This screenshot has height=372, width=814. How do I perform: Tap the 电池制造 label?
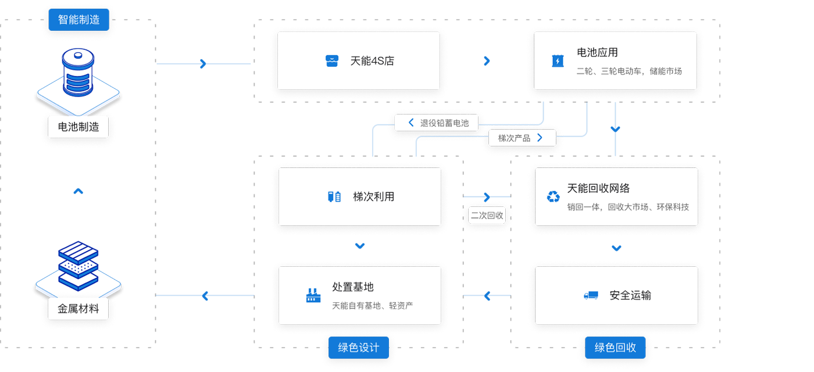(x=78, y=127)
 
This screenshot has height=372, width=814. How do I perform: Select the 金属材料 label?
(x=78, y=309)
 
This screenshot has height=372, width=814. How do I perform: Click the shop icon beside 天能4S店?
(x=331, y=61)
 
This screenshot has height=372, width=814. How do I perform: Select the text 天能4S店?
(x=372, y=61)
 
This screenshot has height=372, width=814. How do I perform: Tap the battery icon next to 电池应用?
(x=557, y=61)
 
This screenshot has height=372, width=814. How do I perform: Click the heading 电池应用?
(x=597, y=53)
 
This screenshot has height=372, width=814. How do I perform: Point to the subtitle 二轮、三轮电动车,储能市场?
(x=629, y=71)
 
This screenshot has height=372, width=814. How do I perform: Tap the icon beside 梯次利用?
(x=334, y=196)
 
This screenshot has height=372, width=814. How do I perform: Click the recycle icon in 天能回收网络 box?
(x=553, y=197)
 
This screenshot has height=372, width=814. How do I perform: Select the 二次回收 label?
(x=487, y=215)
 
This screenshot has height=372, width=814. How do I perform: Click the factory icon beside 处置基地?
(x=313, y=295)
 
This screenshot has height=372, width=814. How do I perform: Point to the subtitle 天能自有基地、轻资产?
(x=372, y=306)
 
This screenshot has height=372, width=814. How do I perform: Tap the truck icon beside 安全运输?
(x=591, y=295)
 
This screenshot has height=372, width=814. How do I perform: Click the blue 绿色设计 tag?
(x=358, y=348)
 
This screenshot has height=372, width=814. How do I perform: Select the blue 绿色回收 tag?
(x=615, y=348)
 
